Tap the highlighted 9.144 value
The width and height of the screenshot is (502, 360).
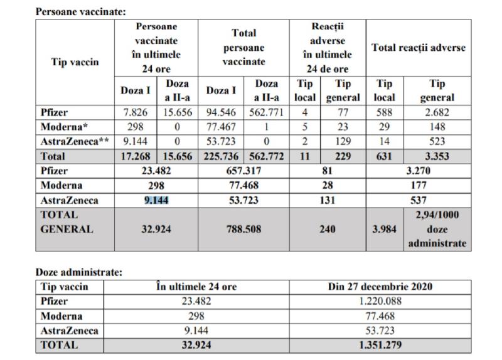coord(156,201)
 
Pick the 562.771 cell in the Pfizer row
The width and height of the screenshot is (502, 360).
coord(267,113)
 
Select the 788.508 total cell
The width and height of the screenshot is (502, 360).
coord(245,229)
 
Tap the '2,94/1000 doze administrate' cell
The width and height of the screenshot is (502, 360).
coord(437,229)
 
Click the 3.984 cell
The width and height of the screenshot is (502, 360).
coord(384,229)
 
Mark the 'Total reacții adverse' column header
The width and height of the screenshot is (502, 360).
coord(419,48)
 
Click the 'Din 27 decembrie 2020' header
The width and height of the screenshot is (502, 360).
coord(371,287)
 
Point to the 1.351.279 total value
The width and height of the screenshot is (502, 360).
coord(371,344)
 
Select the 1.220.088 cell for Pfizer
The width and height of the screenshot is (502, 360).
coord(371,301)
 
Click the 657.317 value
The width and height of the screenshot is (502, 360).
coord(245,171)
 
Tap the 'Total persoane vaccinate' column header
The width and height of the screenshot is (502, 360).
coord(245,48)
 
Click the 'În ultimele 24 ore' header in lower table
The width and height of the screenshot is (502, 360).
coord(196,287)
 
